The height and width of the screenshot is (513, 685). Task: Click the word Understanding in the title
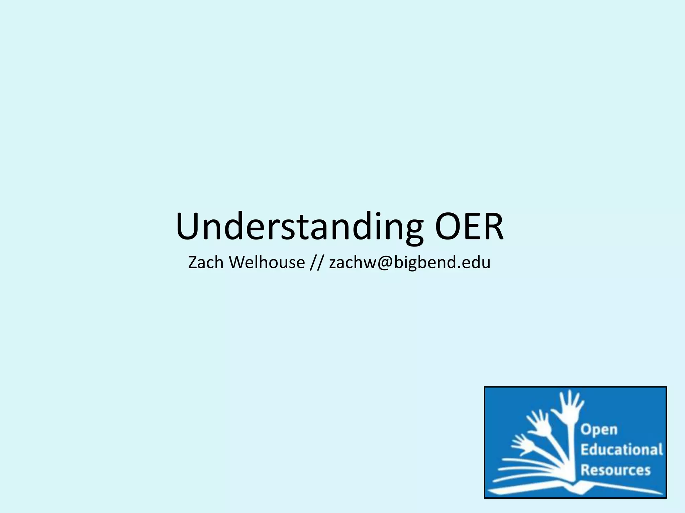click(x=299, y=226)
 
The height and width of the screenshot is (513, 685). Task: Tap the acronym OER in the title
click(x=469, y=226)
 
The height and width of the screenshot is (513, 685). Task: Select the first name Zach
click(x=205, y=262)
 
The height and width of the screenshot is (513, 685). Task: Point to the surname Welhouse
click(x=267, y=262)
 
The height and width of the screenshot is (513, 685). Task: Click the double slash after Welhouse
click(x=317, y=263)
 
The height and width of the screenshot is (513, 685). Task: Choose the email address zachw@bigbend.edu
click(x=410, y=263)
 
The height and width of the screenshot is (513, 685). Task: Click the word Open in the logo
click(x=599, y=430)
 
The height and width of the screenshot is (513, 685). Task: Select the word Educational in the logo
click(x=621, y=450)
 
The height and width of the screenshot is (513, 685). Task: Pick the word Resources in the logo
click(x=615, y=470)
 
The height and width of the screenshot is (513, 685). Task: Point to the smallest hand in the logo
click(x=522, y=444)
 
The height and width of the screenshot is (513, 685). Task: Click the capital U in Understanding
click(x=188, y=226)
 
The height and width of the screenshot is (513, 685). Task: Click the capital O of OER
click(x=446, y=226)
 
